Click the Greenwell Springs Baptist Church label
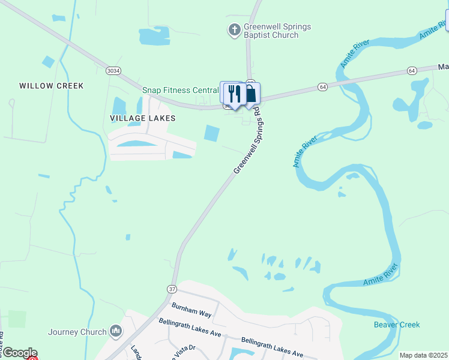click(271, 31)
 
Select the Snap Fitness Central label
click(180, 90)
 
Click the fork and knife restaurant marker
click(234, 94)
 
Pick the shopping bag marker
click(250, 94)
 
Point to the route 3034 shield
click(113, 71)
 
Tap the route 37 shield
click(172, 289)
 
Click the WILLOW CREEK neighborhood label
click(52, 86)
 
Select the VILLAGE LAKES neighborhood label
click(143, 118)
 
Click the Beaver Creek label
click(397, 325)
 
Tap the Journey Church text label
click(77, 331)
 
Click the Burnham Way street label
click(191, 310)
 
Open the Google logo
click(19, 353)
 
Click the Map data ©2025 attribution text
click(423, 355)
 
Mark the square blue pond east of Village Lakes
click(212, 133)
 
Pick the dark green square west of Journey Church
click(17, 319)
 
